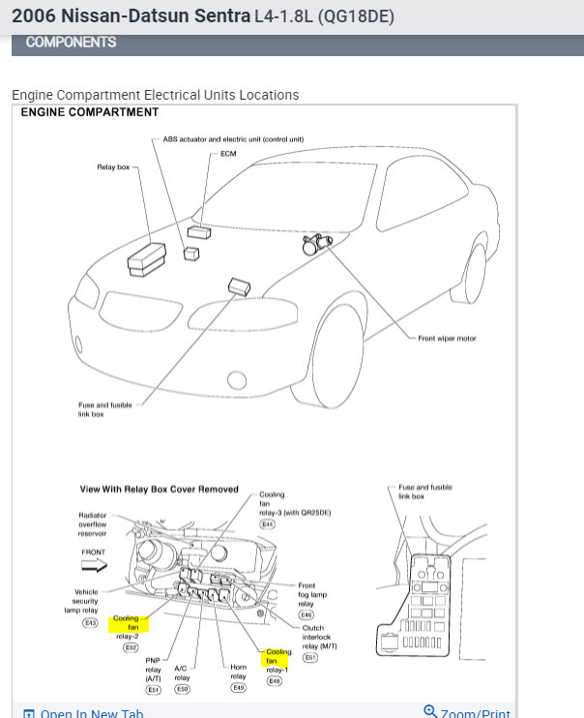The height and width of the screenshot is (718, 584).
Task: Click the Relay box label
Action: pos(113,167)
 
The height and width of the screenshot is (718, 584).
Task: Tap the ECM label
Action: pos(228,153)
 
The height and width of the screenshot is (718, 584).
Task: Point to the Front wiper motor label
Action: pos(447,339)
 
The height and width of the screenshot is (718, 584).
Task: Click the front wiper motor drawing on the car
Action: pos(316,245)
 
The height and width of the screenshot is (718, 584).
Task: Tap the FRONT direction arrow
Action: pos(94,565)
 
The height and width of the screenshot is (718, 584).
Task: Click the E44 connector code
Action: pos(267,524)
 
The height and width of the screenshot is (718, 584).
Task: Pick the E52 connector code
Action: pos(131,647)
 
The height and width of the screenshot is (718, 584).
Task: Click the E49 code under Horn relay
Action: pos(240,688)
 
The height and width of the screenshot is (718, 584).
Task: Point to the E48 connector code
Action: pos(275,680)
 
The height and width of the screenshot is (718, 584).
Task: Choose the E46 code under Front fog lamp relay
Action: pos(307,614)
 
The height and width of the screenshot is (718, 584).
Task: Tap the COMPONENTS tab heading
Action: pos(71,43)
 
